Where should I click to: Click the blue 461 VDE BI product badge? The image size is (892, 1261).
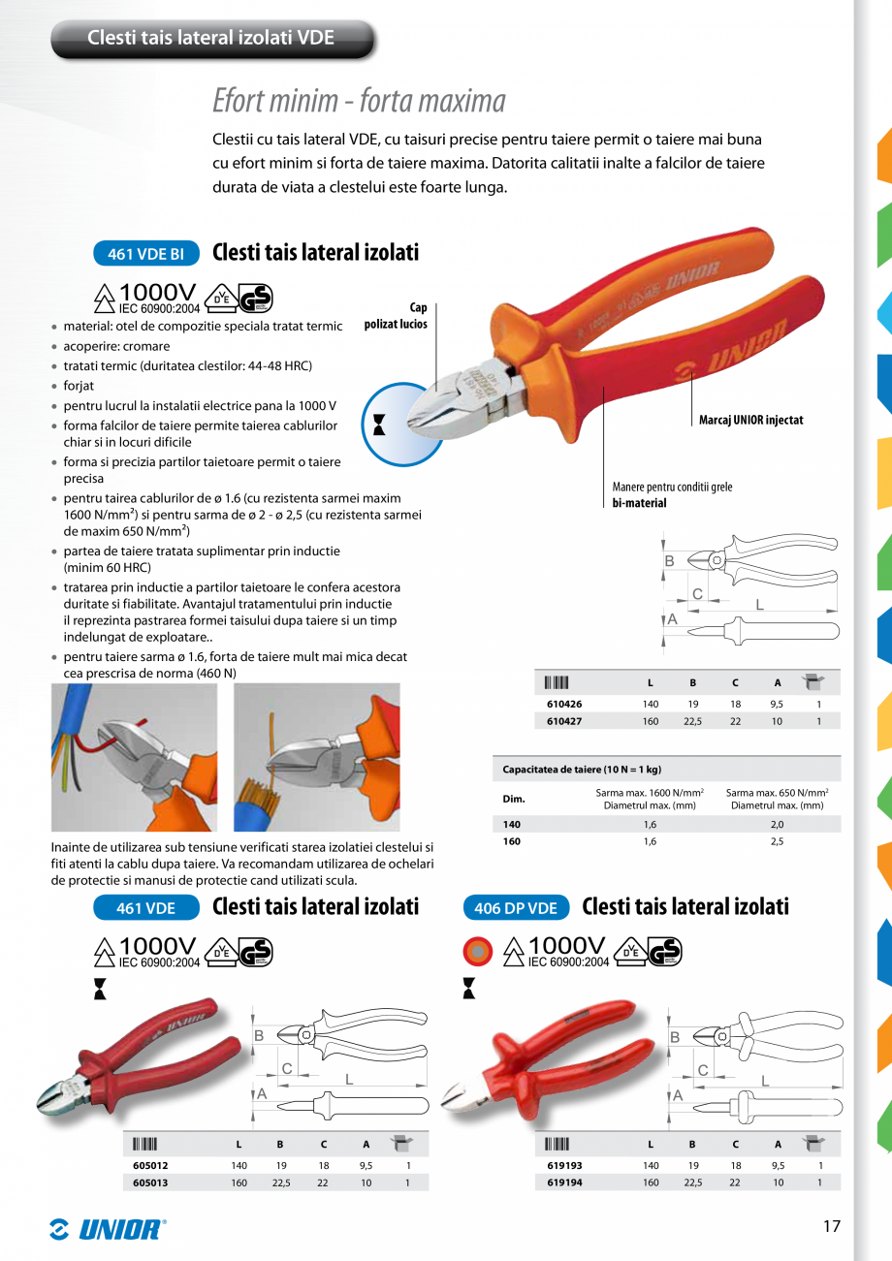click(x=145, y=254)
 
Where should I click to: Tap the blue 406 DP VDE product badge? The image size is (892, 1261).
click(x=516, y=908)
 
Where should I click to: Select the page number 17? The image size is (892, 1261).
click(x=831, y=1226)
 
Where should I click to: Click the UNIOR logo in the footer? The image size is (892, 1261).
click(x=108, y=1229)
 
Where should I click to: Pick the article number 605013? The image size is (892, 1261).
click(x=150, y=1182)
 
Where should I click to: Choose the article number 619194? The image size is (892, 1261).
click(x=564, y=1182)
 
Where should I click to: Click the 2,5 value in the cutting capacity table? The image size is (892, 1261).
click(x=777, y=841)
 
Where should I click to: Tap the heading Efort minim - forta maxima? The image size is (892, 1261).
click(x=359, y=101)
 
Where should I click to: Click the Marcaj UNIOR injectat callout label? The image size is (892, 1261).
click(x=750, y=420)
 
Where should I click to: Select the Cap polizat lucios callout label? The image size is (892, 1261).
click(x=397, y=316)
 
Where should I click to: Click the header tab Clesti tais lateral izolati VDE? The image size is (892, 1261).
click(x=211, y=38)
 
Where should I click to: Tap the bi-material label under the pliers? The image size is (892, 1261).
click(x=639, y=503)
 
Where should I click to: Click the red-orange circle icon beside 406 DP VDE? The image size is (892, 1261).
click(x=478, y=952)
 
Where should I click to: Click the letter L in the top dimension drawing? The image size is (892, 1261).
click(x=758, y=604)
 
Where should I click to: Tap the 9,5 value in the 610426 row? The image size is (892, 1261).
click(x=777, y=704)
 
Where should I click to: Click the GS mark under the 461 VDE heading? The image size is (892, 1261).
click(x=256, y=952)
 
